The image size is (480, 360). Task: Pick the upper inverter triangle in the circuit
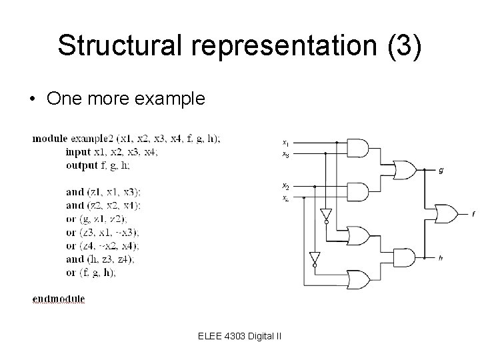click(326, 215)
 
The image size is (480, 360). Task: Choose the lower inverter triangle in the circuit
click(313, 257)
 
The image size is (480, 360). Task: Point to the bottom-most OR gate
click(359, 278)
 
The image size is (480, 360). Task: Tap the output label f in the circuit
click(473, 214)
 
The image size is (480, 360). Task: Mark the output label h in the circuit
click(440, 257)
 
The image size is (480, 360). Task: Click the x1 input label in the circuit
click(285, 142)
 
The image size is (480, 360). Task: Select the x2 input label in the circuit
click(285, 185)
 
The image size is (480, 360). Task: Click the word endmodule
click(59, 299)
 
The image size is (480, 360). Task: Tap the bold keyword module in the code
click(50, 139)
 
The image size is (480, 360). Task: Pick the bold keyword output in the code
click(81, 165)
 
